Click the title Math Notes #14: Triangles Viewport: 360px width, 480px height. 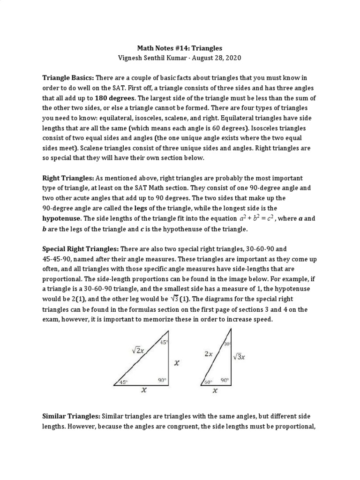(180, 48)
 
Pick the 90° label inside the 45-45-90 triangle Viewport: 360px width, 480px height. (162, 380)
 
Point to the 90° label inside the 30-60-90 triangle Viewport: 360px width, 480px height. (225, 381)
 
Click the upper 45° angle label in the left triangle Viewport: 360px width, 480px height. (164, 342)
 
